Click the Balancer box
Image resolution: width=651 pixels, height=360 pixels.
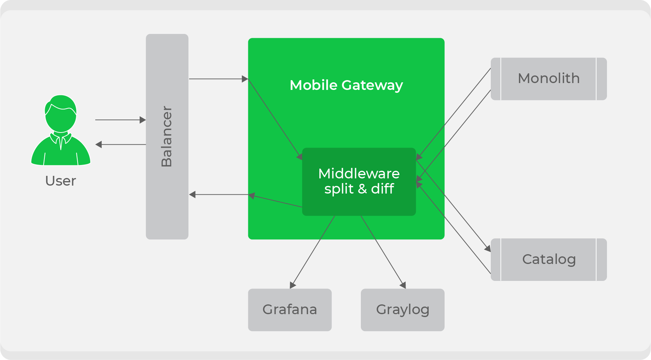tap(167, 136)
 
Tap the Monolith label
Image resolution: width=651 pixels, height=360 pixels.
tap(549, 78)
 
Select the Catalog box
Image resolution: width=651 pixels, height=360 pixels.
tap(549, 259)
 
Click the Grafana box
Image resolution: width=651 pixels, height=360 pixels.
tap(290, 310)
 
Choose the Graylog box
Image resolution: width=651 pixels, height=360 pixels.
tap(403, 310)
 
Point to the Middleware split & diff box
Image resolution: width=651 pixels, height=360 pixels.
tap(359, 182)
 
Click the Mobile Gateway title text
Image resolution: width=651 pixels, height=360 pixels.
tap(346, 85)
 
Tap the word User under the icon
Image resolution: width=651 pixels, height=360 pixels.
tap(61, 181)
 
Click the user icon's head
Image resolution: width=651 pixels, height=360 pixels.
tap(61, 113)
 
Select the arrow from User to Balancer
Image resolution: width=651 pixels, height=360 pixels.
tap(121, 120)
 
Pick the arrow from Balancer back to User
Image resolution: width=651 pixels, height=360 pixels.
tap(121, 144)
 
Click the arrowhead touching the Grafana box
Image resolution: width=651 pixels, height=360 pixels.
tap(293, 285)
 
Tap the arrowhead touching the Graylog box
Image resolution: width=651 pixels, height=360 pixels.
tap(403, 285)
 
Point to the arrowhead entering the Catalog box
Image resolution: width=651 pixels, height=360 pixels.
tap(488, 248)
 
